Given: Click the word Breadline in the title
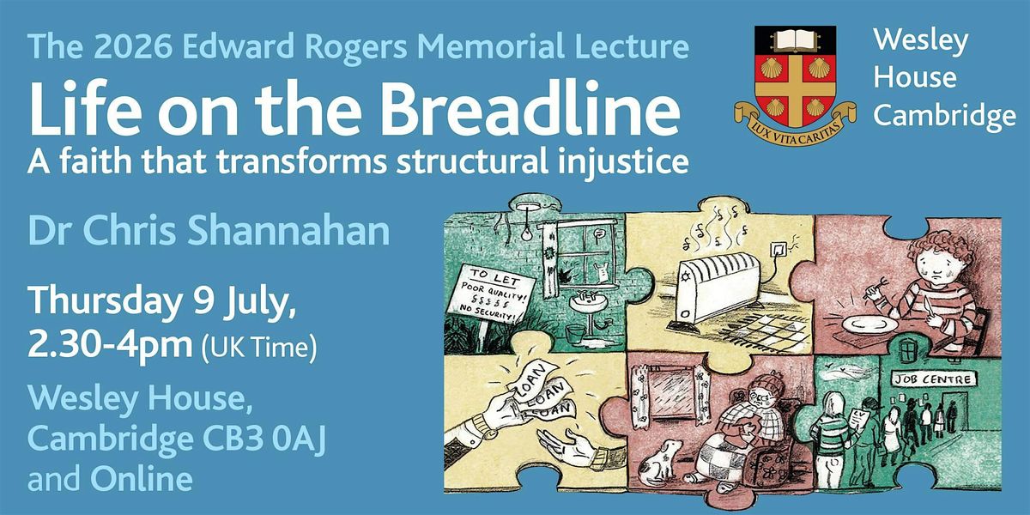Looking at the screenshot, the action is pyautogui.click(x=530, y=108).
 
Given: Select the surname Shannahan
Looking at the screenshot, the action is pyautogui.click(x=288, y=231).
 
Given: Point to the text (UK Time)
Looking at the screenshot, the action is pyautogui.click(x=259, y=348).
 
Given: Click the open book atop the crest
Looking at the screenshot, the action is pyautogui.click(x=795, y=41).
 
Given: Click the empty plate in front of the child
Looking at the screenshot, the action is pyautogui.click(x=869, y=324).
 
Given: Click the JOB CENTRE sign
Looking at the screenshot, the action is pyautogui.click(x=934, y=379).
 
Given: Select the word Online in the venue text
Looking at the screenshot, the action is pyautogui.click(x=141, y=479).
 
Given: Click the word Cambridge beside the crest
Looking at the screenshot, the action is pyautogui.click(x=944, y=115).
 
